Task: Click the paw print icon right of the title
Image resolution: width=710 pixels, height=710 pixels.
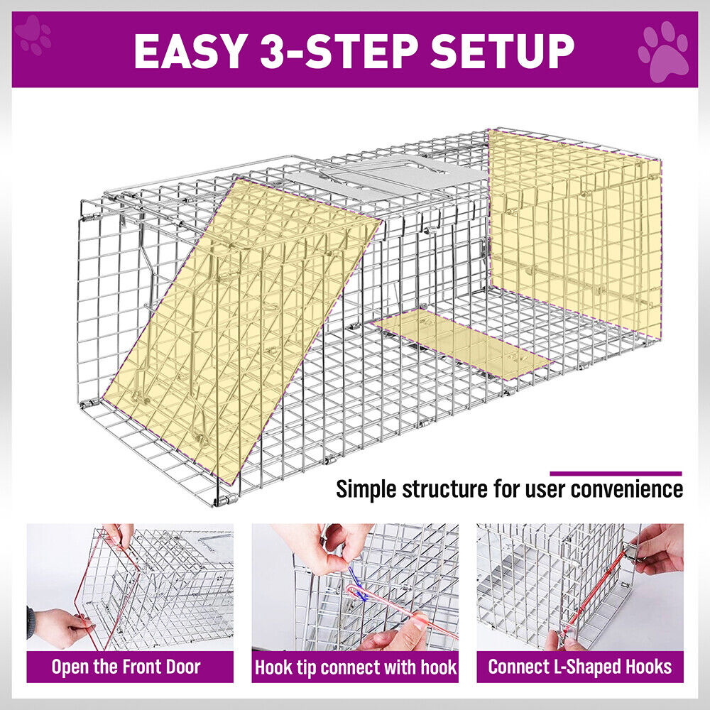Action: (x=663, y=52)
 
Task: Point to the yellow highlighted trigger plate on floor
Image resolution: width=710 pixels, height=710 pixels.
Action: (x=461, y=344)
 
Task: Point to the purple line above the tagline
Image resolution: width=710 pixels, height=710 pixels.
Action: (x=615, y=473)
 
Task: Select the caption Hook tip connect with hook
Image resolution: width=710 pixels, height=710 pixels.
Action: (x=355, y=667)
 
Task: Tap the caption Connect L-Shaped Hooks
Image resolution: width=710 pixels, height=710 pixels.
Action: (x=579, y=667)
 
